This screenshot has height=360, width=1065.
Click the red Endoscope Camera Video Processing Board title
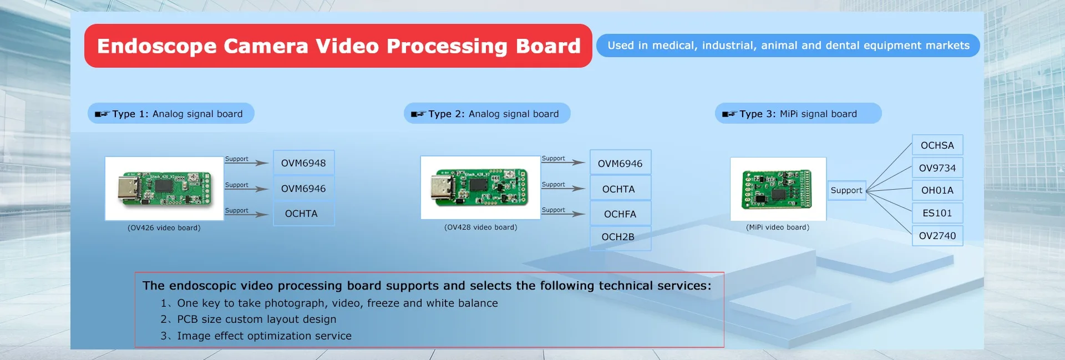338,46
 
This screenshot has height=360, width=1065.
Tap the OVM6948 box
303,163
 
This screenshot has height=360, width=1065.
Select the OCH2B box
620,237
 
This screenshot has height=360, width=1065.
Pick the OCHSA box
937,145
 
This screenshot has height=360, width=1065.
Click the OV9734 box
937,168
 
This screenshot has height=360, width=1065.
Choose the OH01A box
937,190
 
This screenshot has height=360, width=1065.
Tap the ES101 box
937,213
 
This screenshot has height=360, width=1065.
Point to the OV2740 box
937,236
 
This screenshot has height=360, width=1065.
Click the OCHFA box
620,214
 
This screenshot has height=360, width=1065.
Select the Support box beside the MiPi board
846,190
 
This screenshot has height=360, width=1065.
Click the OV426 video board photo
164,189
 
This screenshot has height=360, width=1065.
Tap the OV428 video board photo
480,187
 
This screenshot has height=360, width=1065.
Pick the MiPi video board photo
778,189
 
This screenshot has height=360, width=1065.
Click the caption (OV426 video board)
164,228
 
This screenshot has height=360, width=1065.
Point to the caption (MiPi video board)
778,227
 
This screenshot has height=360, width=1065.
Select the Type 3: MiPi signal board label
798,114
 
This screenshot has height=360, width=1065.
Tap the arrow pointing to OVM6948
246,163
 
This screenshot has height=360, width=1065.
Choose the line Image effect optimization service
256,336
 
